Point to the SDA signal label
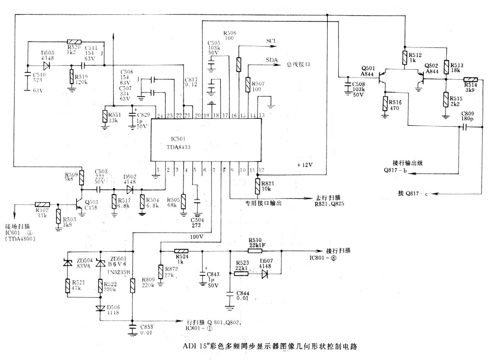coord(272,60)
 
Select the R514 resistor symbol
coord(470,80)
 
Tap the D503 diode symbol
coord(47,66)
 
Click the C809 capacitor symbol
coord(465,127)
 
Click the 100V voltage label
coord(197,237)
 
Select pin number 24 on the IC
coord(159,116)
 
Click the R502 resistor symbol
coord(43,204)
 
